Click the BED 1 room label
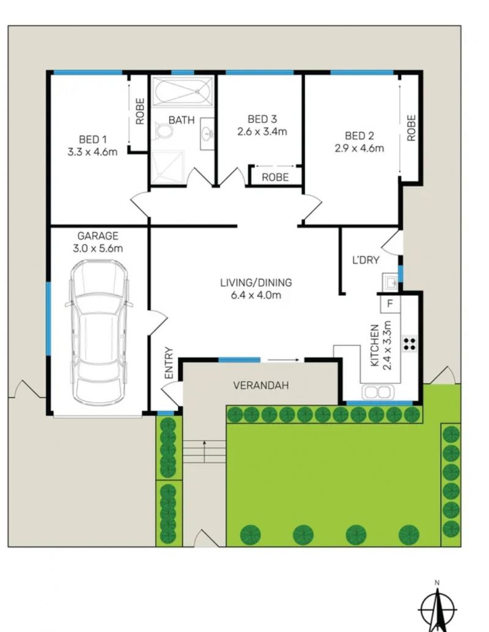[x=93, y=139]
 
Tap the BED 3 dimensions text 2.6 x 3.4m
[x=262, y=131]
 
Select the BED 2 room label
[x=359, y=136]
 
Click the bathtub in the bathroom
[x=183, y=92]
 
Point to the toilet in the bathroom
[x=163, y=131]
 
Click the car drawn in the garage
[x=99, y=333]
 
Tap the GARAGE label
[x=98, y=236]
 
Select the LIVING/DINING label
[x=256, y=283]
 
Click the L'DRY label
[x=366, y=260]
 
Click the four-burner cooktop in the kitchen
[x=410, y=343]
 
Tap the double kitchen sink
[x=377, y=392]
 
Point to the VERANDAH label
[x=261, y=385]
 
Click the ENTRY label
[x=169, y=363]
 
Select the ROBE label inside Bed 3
[x=275, y=177]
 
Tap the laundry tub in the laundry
[x=390, y=282]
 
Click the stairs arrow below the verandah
[x=205, y=451]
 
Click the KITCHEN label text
[x=375, y=346]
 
